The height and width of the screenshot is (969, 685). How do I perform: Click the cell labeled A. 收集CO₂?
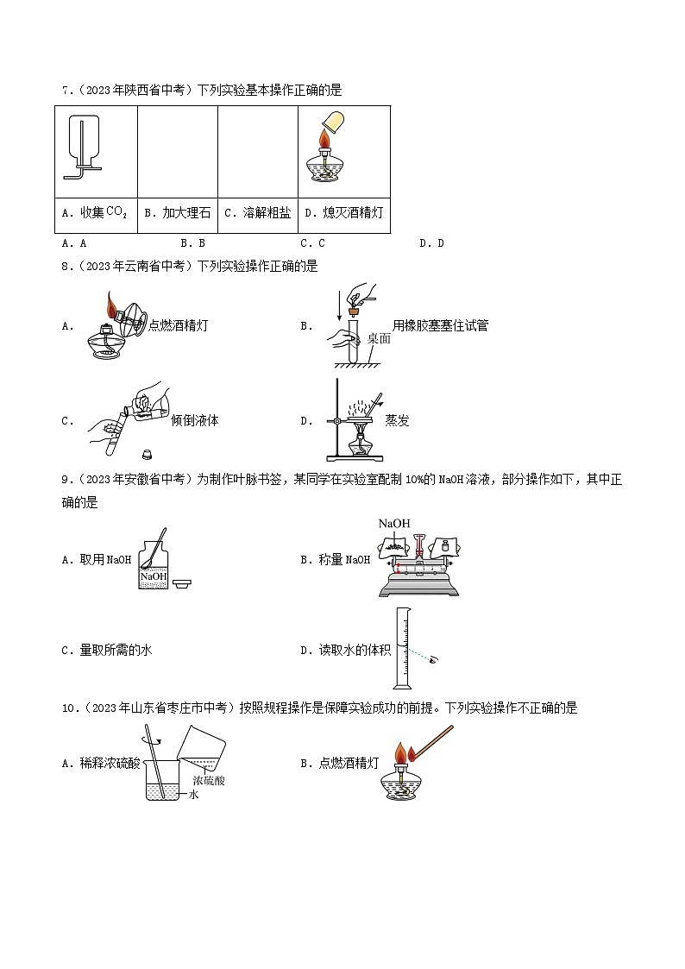click(x=96, y=212)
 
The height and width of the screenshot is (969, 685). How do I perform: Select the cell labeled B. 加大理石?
click(x=177, y=212)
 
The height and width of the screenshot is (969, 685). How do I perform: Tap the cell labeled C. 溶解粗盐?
click(x=257, y=212)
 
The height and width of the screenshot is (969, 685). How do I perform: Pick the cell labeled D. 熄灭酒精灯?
click(x=343, y=212)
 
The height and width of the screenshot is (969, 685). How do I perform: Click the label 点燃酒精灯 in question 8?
click(x=179, y=325)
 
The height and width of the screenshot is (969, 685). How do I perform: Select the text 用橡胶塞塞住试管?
click(x=440, y=325)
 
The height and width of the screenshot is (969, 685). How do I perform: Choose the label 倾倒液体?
click(x=195, y=420)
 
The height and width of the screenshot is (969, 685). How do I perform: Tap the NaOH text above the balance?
click(x=393, y=524)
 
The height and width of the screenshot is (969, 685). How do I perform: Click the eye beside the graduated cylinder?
click(x=432, y=658)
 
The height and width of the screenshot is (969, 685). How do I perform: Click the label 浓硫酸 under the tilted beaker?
click(x=208, y=780)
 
